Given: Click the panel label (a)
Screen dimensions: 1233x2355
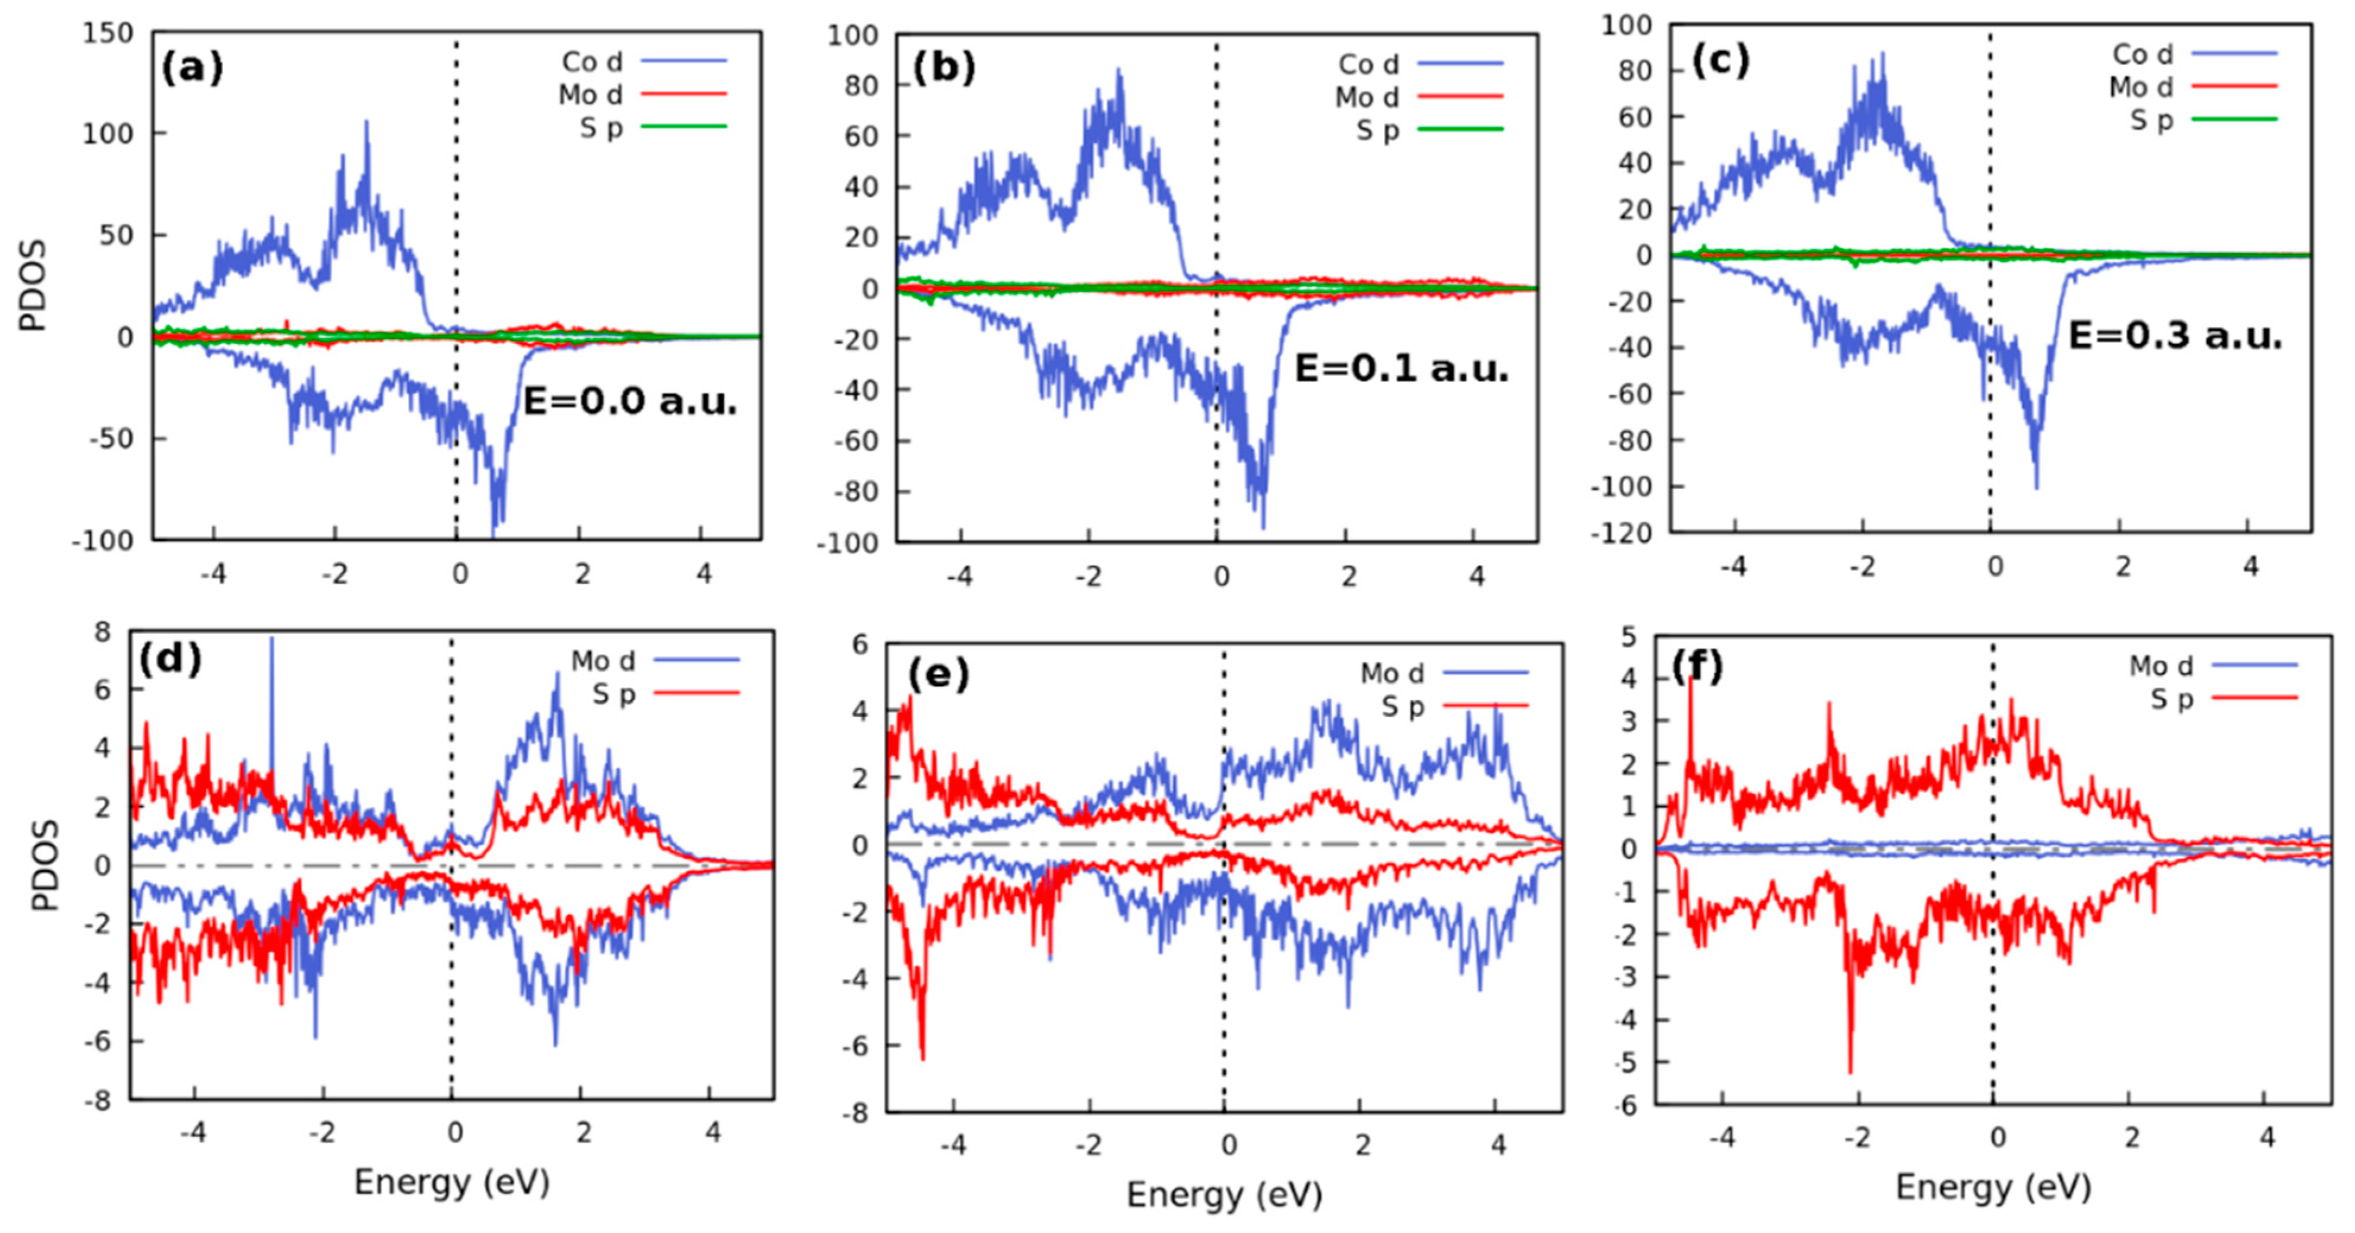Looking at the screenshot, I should pyautogui.click(x=191, y=69).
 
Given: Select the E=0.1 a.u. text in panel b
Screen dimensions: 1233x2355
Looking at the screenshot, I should pyautogui.click(x=1400, y=368).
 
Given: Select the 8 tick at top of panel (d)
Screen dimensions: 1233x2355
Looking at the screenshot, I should pyautogui.click(x=102, y=631).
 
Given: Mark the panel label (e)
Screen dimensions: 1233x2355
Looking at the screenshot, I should pyautogui.click(x=937, y=675).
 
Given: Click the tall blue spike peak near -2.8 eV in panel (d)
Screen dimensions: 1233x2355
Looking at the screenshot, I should pyautogui.click(x=271, y=640).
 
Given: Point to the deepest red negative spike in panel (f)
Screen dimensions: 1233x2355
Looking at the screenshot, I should pyautogui.click(x=1850, y=1071).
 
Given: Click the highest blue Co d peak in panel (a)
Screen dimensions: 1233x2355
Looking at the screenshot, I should pyautogui.click(x=367, y=122).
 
